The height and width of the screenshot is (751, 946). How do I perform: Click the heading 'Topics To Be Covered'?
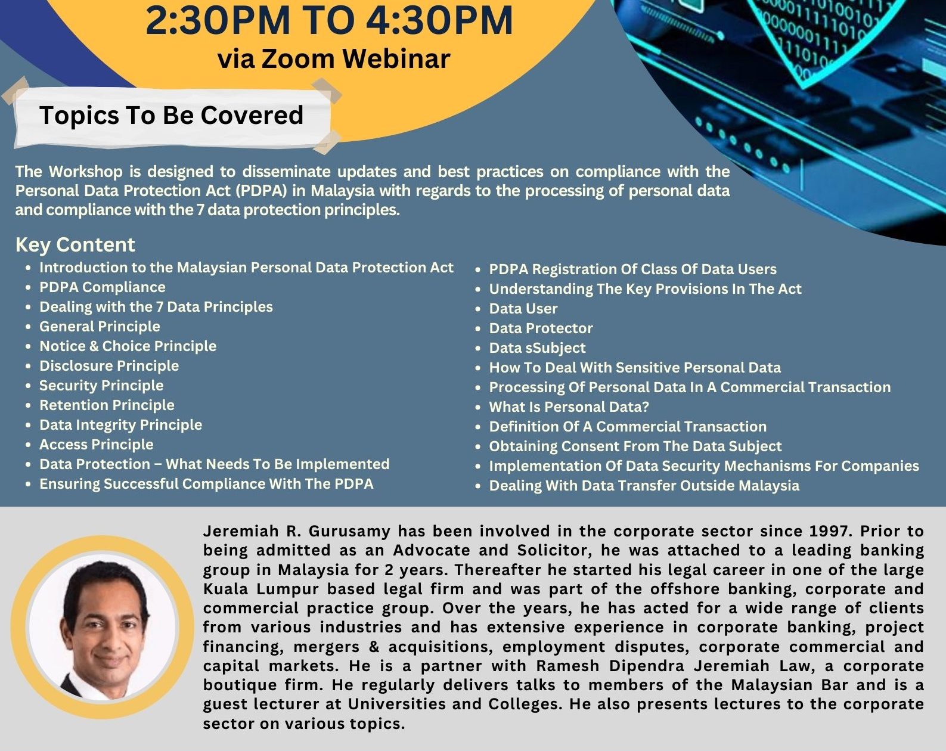tap(172, 115)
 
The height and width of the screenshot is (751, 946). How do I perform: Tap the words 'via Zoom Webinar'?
tap(334, 58)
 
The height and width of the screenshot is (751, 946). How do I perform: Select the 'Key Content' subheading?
tap(75, 245)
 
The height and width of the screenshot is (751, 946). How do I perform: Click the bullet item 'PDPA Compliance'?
tap(103, 287)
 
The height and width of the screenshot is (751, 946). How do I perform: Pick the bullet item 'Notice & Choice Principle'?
tap(128, 346)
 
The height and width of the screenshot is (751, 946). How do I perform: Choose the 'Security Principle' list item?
tap(101, 386)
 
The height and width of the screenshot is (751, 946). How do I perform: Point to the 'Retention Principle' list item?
tap(107, 405)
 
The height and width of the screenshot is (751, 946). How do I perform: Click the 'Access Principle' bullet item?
tap(97, 445)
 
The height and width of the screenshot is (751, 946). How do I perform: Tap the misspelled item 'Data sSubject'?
tap(537, 348)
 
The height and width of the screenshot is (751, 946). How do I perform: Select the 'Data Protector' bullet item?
tap(541, 328)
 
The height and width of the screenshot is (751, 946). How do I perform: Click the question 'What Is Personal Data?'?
tap(569, 406)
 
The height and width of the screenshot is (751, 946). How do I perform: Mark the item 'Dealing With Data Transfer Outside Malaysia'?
tap(644, 485)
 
